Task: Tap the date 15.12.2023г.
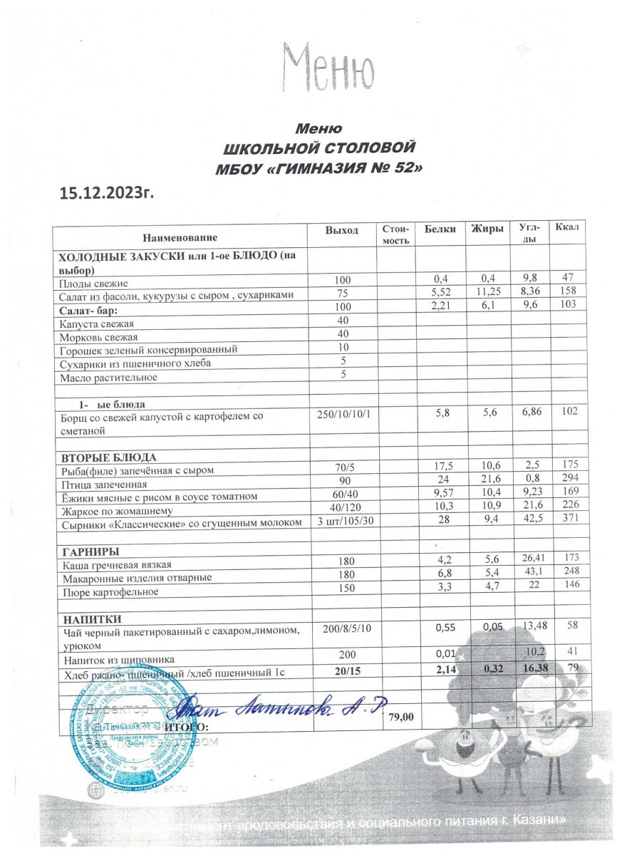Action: tap(106, 192)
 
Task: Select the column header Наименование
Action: tap(180, 235)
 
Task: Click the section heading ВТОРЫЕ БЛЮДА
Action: tap(107, 457)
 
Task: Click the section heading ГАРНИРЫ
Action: tap(89, 551)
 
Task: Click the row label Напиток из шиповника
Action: tap(118, 660)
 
